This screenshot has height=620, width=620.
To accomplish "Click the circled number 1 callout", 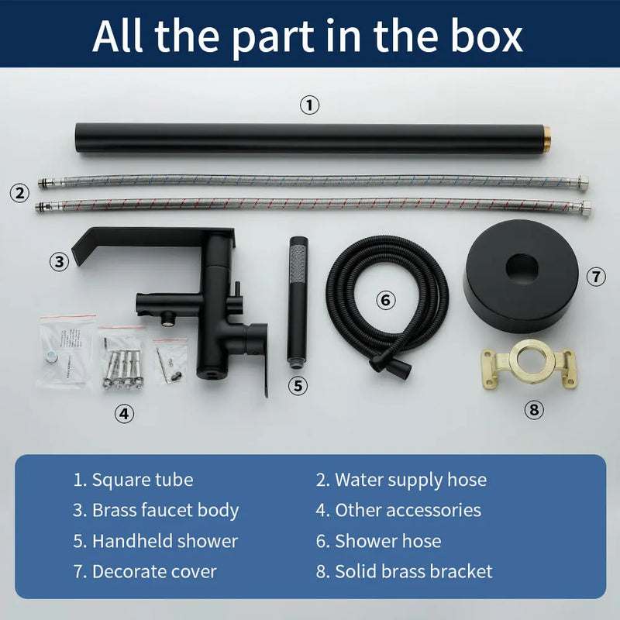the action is pyautogui.click(x=309, y=105).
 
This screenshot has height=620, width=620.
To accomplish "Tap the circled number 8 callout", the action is pyautogui.click(x=534, y=410).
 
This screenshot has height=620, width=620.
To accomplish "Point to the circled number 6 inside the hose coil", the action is pyautogui.click(x=385, y=300).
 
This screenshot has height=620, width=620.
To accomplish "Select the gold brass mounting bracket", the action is pyautogui.click(x=529, y=364).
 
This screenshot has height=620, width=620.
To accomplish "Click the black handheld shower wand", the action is pyautogui.click(x=298, y=302).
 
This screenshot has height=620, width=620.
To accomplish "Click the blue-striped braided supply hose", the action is pyautogui.click(x=313, y=181).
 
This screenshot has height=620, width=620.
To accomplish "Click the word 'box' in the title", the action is pyautogui.click(x=487, y=36).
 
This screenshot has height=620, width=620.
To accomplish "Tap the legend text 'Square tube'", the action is pyautogui.click(x=143, y=480).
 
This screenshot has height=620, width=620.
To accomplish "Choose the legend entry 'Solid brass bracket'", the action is pyautogui.click(x=414, y=571).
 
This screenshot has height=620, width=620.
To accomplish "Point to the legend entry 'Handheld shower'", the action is pyautogui.click(x=165, y=540).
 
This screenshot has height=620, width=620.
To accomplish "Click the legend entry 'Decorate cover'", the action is pyautogui.click(x=154, y=571).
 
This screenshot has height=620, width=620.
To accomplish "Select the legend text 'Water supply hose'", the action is pyautogui.click(x=411, y=480).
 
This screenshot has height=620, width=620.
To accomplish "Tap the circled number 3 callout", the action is pyautogui.click(x=60, y=261).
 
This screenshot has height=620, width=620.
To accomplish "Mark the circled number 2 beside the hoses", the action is pyautogui.click(x=20, y=193).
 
